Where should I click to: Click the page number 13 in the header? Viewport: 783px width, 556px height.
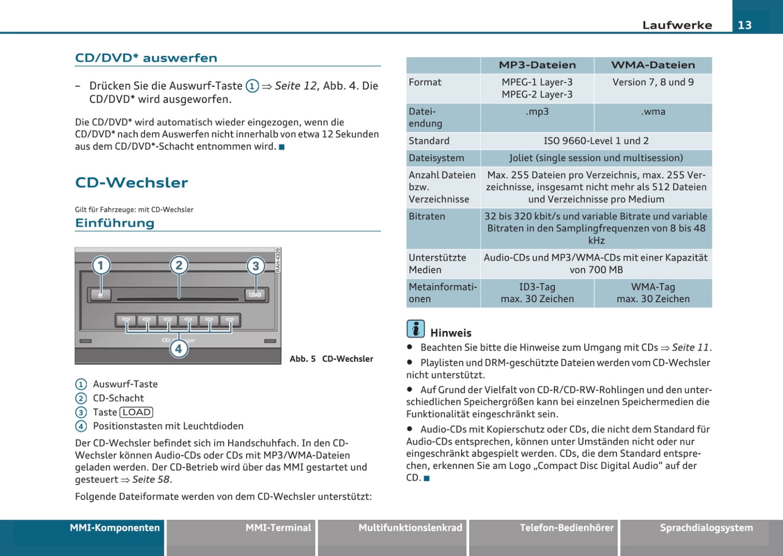(745, 25)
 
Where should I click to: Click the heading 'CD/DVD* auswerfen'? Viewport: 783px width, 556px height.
(146, 58)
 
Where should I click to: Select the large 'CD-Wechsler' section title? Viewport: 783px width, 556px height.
(131, 183)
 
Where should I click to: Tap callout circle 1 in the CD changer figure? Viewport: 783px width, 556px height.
(101, 266)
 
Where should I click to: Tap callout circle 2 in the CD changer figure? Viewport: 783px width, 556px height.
(179, 265)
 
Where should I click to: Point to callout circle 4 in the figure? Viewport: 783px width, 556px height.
(178, 348)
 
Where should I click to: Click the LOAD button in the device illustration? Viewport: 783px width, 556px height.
(255, 294)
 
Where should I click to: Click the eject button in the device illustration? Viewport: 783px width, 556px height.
(100, 294)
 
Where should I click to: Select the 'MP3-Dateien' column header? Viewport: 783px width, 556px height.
(537, 65)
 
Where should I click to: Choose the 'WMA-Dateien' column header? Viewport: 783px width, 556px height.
(653, 65)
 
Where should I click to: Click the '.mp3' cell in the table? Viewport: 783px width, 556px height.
(537, 112)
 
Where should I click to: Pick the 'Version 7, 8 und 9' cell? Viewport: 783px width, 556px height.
(653, 82)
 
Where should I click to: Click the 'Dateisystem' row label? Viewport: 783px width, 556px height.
(436, 158)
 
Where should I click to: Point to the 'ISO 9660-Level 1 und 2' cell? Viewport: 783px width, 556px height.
(596, 141)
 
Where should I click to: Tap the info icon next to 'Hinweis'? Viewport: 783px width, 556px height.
(416, 329)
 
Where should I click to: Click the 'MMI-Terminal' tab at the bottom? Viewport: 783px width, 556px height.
(278, 528)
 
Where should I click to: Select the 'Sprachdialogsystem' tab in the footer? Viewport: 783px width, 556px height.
(706, 528)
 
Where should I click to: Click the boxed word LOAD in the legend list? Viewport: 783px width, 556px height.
(136, 412)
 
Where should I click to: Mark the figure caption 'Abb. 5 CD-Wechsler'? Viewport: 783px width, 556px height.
(331, 359)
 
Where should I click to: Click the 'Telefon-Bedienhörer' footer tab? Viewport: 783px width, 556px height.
(566, 528)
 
